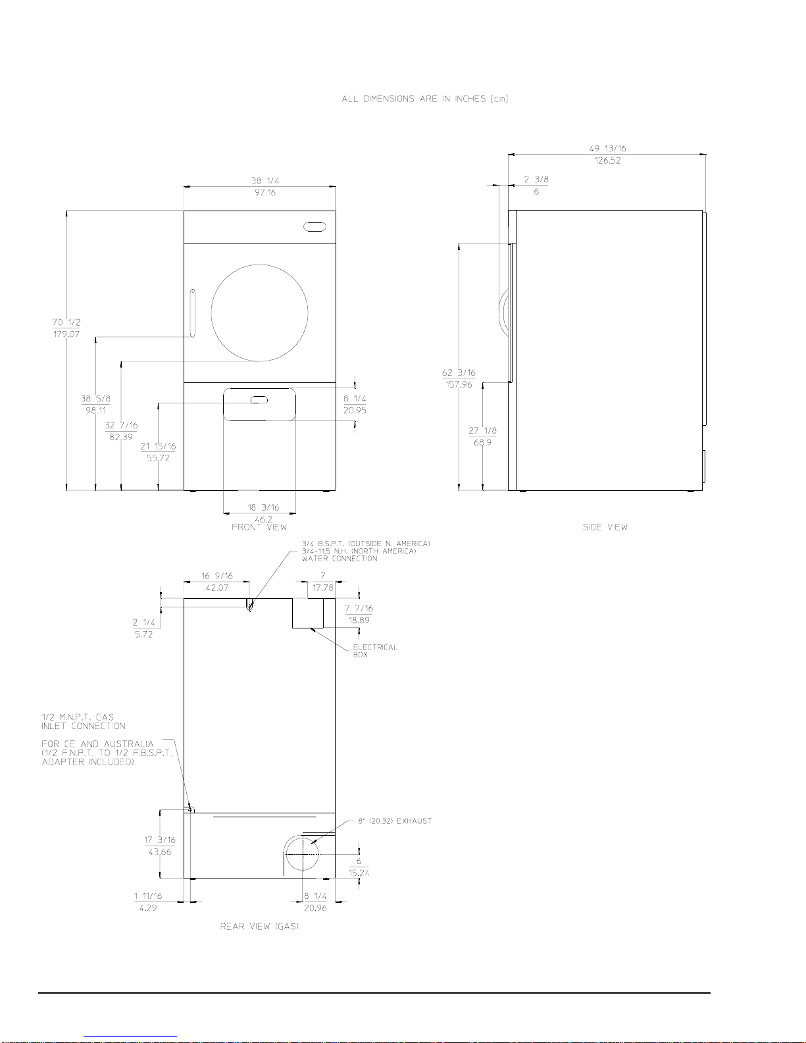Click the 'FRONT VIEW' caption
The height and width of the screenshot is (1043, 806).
click(x=259, y=527)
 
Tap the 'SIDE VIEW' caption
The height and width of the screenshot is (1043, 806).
click(x=605, y=527)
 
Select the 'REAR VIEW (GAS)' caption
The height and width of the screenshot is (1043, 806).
click(x=259, y=927)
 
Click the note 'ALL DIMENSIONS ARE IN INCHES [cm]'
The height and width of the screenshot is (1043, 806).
click(x=424, y=99)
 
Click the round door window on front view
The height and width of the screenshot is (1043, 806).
click(x=259, y=265)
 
